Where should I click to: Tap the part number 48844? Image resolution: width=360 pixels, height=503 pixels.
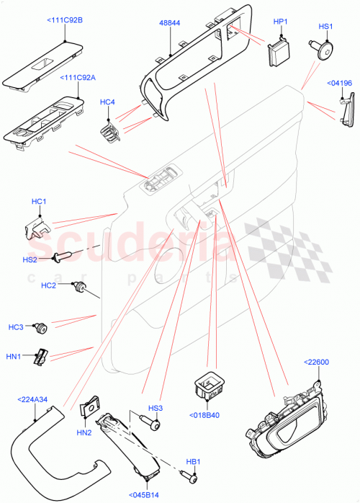[170, 23]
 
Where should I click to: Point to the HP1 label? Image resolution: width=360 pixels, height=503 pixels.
[280, 22]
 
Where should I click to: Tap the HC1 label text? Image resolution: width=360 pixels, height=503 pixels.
[39, 201]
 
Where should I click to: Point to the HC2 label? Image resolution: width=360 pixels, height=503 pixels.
[48, 286]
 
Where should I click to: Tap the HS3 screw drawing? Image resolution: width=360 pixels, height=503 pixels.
[153, 426]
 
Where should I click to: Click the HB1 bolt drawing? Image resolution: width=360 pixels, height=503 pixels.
[190, 476]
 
